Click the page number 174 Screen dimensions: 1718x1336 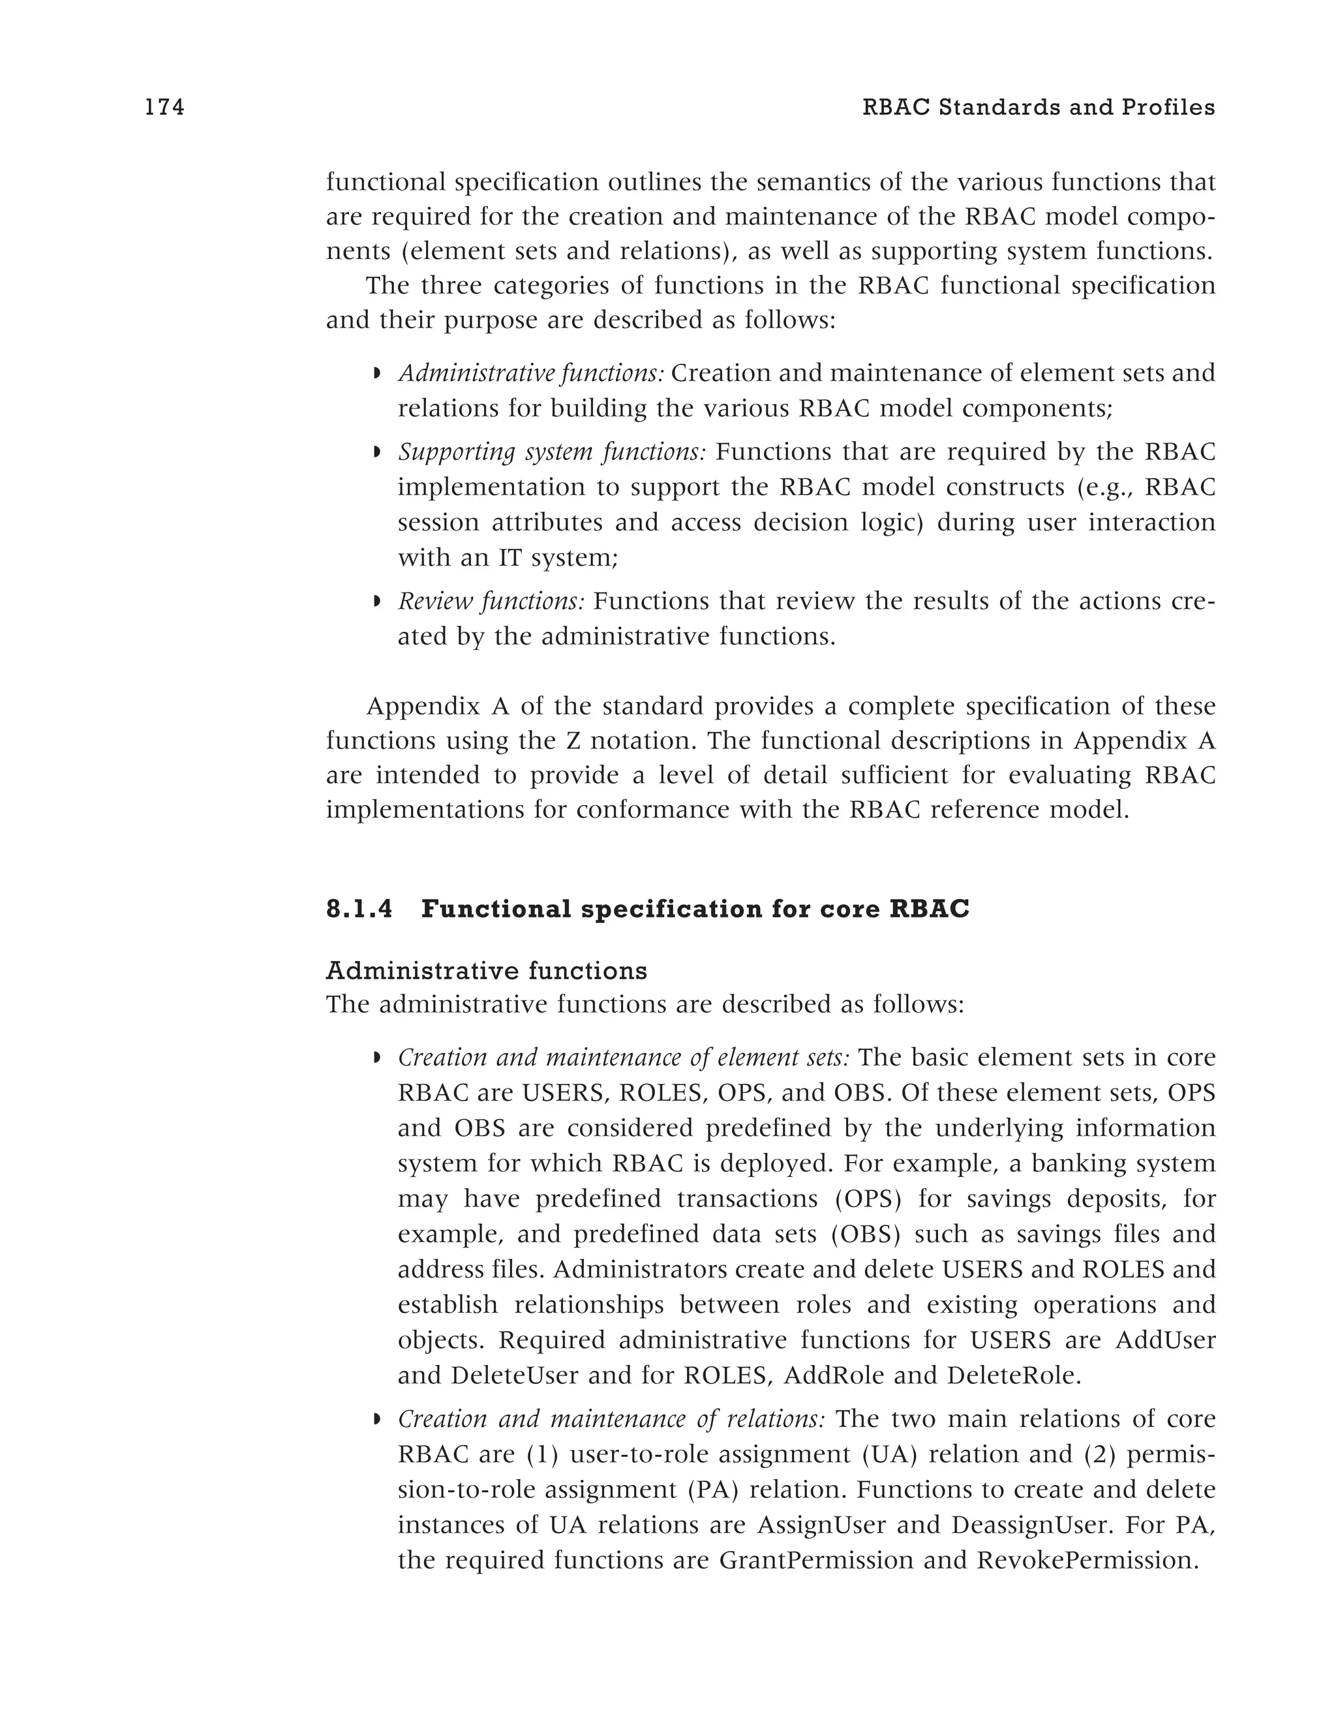point(164,108)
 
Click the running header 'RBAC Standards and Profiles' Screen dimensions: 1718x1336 point(1038,108)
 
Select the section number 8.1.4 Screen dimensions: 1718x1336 point(359,910)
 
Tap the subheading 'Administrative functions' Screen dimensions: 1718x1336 point(486,971)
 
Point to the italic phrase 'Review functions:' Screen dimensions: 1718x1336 point(491,602)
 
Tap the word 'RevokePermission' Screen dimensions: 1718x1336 point(1087,1561)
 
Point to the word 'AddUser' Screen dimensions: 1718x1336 point(1165,1340)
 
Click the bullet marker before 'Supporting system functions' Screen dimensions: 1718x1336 point(376,453)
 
